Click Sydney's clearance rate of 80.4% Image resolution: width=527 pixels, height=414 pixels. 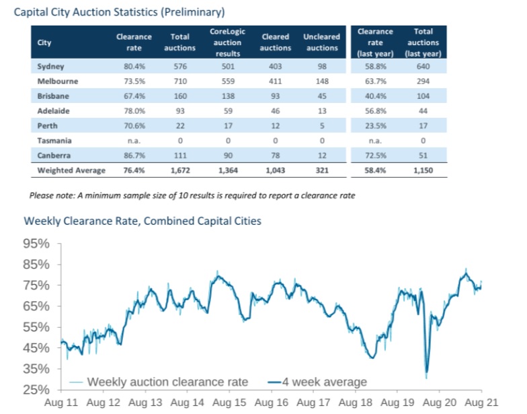(x=134, y=67)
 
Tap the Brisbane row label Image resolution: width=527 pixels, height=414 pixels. (x=54, y=96)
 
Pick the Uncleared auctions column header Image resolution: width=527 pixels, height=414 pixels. (x=322, y=42)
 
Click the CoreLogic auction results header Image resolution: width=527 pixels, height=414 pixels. (x=227, y=42)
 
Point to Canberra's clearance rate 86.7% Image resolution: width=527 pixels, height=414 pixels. (x=134, y=156)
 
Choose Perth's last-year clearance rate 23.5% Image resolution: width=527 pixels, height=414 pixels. (x=375, y=127)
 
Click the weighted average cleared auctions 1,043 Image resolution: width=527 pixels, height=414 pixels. (x=275, y=170)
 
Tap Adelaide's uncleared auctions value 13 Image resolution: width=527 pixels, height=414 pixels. (x=322, y=111)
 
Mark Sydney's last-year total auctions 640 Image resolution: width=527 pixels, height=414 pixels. (x=423, y=67)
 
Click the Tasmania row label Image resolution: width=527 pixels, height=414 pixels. (x=54, y=141)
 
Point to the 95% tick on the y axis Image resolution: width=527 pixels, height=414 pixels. (x=39, y=244)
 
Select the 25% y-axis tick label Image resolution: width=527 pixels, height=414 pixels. (x=39, y=390)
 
